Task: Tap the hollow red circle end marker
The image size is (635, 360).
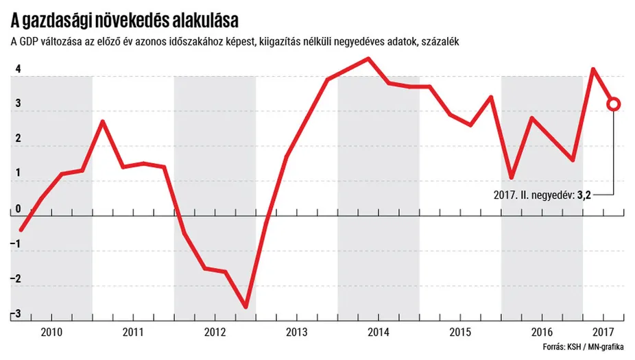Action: (614, 104)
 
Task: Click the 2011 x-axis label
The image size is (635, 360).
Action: (132, 332)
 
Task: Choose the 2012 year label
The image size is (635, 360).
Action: (215, 332)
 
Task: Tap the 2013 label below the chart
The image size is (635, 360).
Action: (296, 332)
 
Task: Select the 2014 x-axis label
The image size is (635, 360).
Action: (378, 332)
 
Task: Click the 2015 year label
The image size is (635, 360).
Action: (459, 332)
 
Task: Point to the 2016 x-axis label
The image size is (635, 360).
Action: (542, 332)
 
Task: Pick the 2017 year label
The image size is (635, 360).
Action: (603, 332)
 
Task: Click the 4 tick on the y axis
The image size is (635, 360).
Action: (17, 69)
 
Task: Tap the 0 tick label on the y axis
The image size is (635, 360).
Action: (17, 209)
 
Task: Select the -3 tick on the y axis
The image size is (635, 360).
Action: (16, 314)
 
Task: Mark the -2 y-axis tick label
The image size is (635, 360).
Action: (16, 279)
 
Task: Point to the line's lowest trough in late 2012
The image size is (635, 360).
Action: (245, 307)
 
